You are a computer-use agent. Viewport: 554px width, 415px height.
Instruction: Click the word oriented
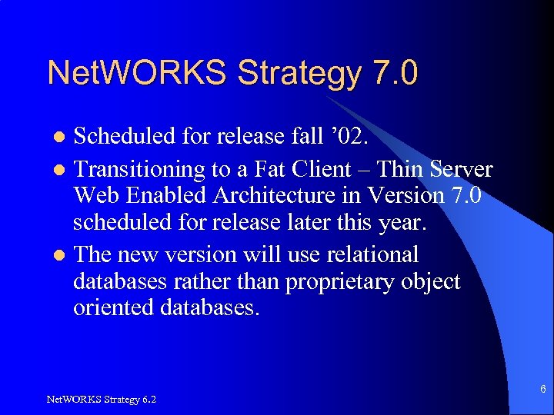pyautogui.click(x=112, y=309)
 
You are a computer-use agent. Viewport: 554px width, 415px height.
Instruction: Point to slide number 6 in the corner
pyautogui.click(x=543, y=390)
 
